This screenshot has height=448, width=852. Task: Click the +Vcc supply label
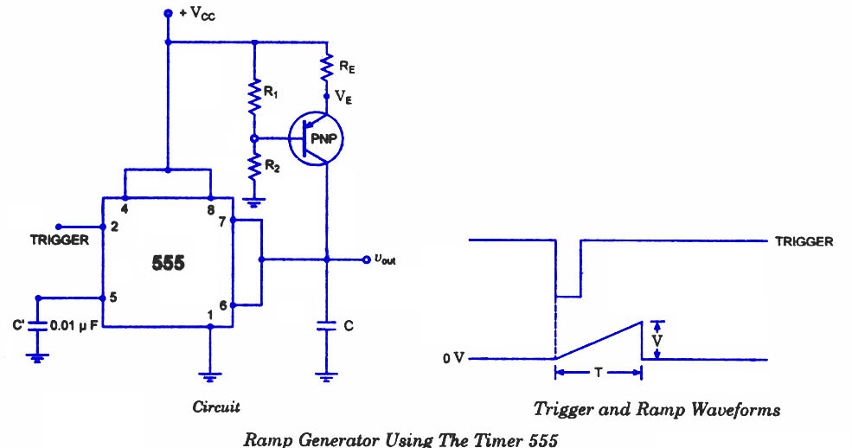pos(191,15)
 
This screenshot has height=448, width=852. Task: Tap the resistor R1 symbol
pos(254,98)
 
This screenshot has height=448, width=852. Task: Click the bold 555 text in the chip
pos(168,262)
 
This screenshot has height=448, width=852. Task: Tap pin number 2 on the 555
pos(113,226)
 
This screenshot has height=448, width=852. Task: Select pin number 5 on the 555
pos(113,298)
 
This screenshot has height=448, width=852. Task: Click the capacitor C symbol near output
pos(327,326)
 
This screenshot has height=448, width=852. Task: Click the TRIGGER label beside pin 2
pos(60,240)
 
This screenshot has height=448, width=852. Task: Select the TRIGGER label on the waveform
pos(804,241)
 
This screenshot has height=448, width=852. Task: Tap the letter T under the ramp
pos(598,374)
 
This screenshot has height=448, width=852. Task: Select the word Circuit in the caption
pos(216,406)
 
